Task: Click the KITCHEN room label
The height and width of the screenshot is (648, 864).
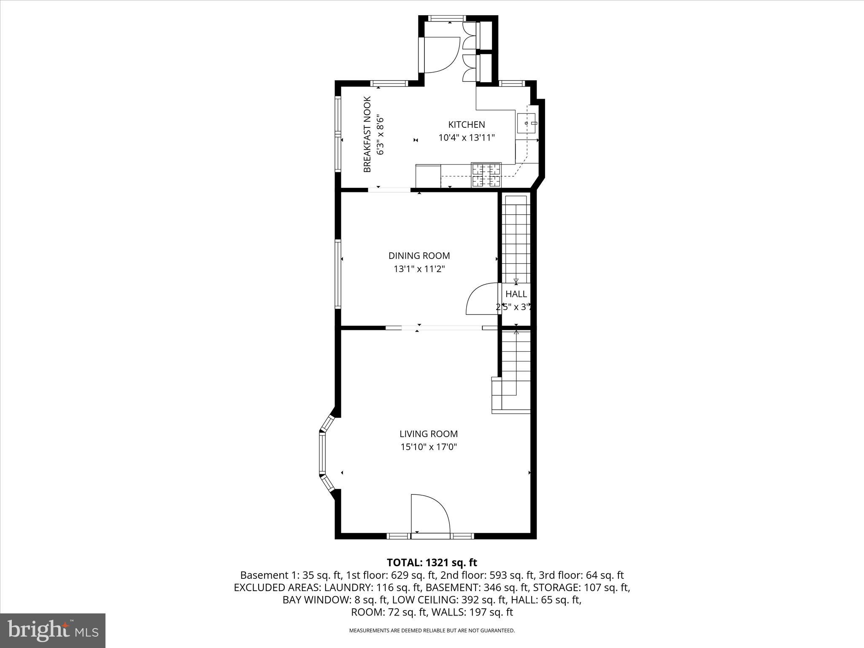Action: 466,124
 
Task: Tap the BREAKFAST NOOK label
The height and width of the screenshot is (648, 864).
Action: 367,135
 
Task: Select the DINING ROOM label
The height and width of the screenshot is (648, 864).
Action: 419,256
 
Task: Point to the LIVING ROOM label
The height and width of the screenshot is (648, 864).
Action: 429,434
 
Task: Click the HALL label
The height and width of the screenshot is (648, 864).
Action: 516,294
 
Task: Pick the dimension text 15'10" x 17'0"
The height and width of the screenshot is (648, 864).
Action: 429,447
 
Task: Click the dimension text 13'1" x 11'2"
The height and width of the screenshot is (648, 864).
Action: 419,269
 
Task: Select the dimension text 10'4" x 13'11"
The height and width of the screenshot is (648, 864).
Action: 466,138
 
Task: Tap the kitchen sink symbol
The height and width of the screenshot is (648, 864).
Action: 526,123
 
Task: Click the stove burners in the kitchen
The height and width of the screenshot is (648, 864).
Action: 486,175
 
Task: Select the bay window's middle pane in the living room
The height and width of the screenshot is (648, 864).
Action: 323,454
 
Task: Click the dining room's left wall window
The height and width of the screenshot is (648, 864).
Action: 338,273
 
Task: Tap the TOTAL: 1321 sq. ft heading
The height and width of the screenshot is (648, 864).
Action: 432,562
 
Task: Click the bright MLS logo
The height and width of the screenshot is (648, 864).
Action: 53,630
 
